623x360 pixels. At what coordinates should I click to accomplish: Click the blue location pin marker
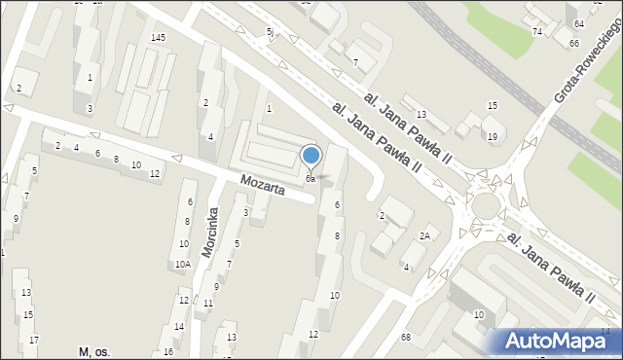coord(311,156)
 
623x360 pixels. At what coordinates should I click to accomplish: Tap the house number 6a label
coord(310,179)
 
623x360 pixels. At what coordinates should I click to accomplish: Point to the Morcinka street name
coord(209,232)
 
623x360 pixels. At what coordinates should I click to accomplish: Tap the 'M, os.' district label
coord(94,350)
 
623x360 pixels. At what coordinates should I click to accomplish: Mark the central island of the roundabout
coord(485,205)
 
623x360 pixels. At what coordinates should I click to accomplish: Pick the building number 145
coord(158,37)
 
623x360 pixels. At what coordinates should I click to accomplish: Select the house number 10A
coord(182,264)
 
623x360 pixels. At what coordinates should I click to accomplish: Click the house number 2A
coord(424,235)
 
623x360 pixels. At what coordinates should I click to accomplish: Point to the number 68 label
coord(405,337)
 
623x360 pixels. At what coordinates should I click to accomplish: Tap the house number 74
coord(537,32)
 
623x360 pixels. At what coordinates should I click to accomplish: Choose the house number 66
coord(574,44)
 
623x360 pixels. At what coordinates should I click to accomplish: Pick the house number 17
coord(34,340)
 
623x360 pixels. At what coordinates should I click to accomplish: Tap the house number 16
coord(168,351)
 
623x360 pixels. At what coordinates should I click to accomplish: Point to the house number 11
coord(208,303)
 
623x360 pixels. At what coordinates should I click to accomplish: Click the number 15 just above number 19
coord(493,105)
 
